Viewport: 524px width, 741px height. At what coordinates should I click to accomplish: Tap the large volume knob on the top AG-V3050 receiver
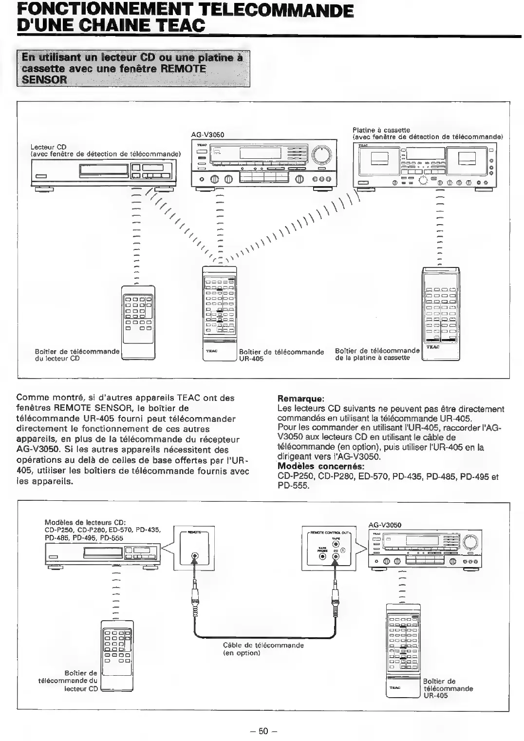pos(321,155)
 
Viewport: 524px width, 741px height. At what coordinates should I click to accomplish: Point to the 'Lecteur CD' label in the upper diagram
pos(48,147)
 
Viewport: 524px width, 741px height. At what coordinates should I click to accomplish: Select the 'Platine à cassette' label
pos(381,130)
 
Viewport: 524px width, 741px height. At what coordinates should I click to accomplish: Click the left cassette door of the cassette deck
pos(378,158)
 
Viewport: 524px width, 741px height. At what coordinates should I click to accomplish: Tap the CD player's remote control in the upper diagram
pos(137,322)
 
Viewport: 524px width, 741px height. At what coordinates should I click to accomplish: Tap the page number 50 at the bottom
pos(263,731)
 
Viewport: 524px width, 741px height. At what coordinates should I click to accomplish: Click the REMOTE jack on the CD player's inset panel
pos(195,555)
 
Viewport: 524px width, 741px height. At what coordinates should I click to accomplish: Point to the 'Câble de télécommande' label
pos(263,645)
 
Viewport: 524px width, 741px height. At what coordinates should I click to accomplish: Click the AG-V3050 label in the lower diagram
pos(385,525)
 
